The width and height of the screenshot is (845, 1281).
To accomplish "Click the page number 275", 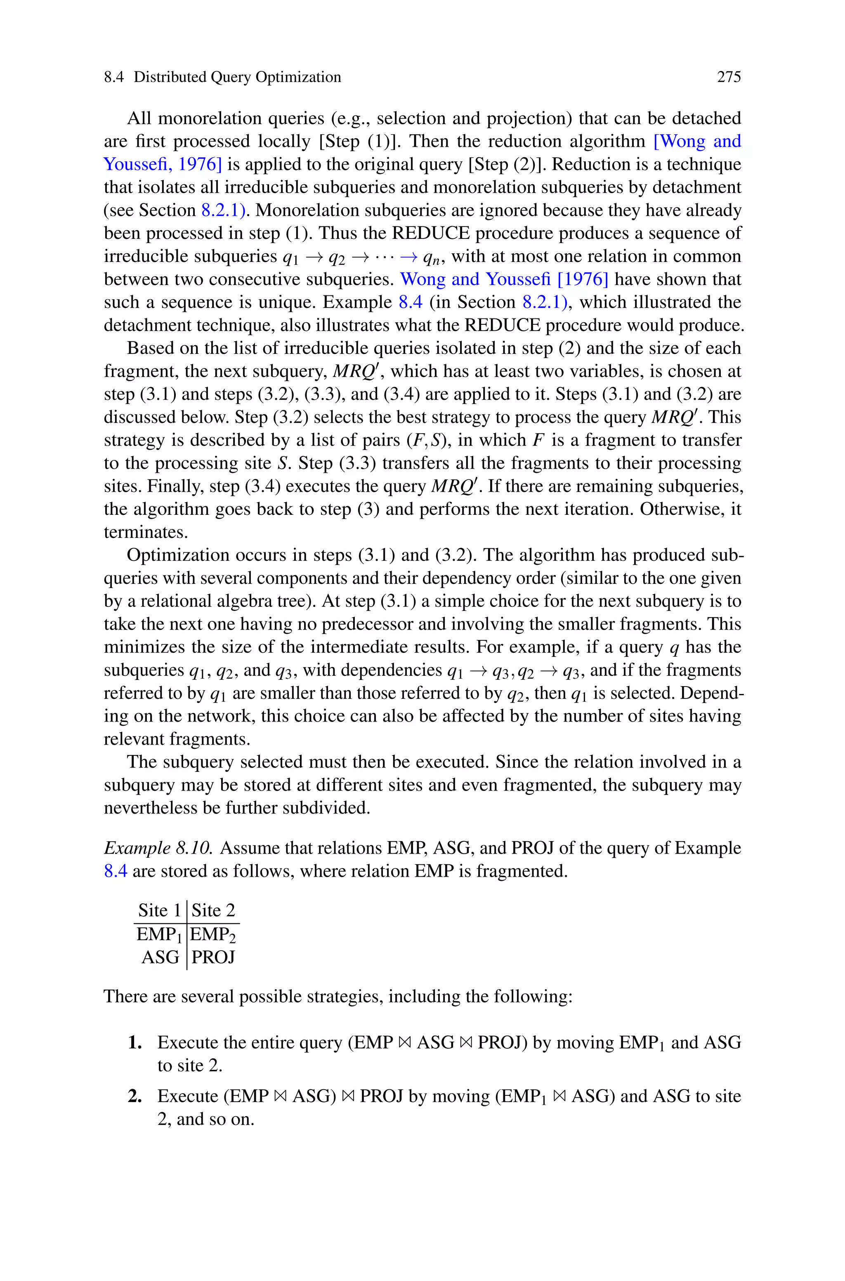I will [x=729, y=77].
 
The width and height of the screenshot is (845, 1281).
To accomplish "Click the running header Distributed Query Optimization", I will [x=237, y=77].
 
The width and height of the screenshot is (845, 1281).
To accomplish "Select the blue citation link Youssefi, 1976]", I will [x=162, y=164].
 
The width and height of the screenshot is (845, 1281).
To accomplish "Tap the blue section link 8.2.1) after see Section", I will [x=223, y=210].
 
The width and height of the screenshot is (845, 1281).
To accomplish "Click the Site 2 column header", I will [x=213, y=911].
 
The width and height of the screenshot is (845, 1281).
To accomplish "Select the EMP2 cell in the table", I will [x=213, y=934].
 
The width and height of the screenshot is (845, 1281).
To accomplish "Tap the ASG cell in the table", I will [x=160, y=957].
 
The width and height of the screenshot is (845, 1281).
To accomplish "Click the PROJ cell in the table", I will [x=213, y=957].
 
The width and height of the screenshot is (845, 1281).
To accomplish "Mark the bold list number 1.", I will [x=135, y=1043].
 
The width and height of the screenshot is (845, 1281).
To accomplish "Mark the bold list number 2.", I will [x=135, y=1096].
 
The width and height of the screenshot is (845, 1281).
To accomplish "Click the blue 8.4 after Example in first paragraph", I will [x=410, y=302].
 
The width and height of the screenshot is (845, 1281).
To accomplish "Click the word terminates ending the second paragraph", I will [x=146, y=532].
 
